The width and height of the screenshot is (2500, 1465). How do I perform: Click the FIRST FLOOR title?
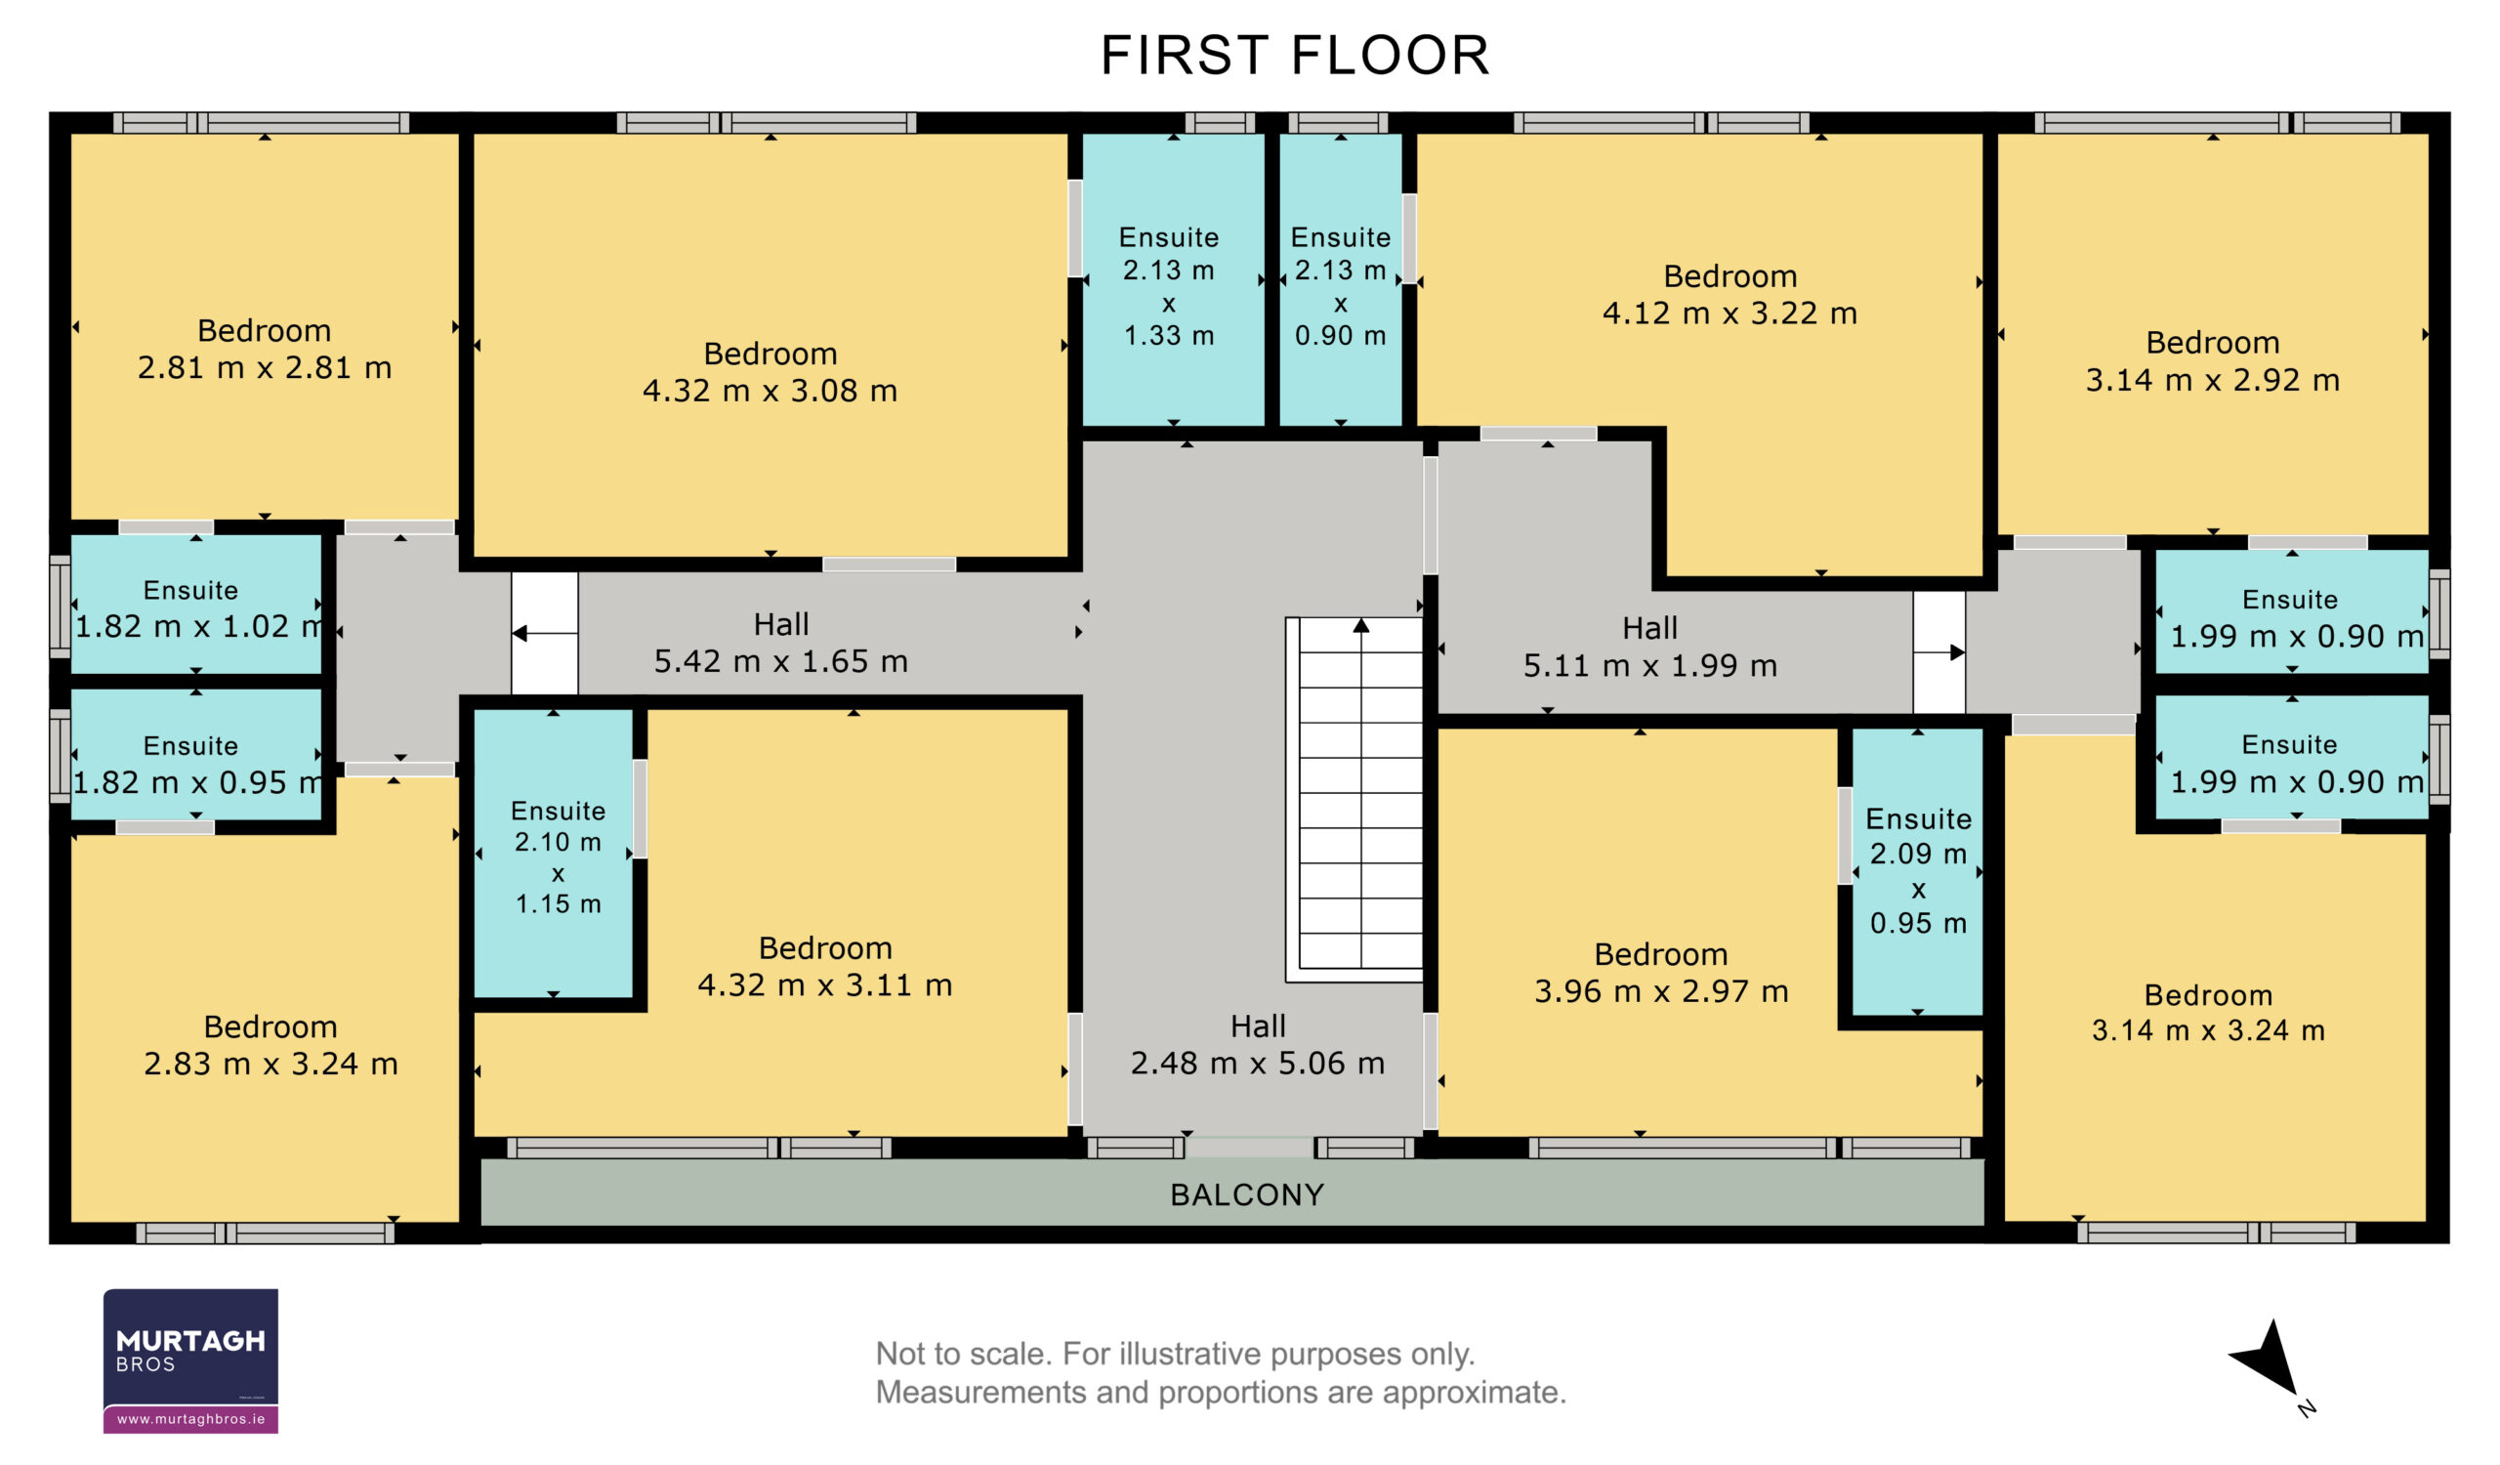coord(1295,55)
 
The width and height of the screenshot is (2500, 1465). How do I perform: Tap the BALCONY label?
coord(1247,1195)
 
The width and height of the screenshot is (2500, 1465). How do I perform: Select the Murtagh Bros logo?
coord(190,1360)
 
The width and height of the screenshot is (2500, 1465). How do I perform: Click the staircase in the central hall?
coord(1355,800)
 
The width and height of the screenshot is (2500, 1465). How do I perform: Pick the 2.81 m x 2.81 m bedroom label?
coord(265,349)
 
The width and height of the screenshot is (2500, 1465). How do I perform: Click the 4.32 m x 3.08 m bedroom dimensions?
coord(770,391)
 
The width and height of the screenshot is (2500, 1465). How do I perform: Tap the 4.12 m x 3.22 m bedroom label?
coord(1730,295)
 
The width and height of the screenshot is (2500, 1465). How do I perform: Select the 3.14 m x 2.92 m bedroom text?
coord(2212,361)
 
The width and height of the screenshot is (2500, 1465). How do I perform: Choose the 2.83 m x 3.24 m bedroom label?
coord(271,1044)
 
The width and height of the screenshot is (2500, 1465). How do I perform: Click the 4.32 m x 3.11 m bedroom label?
coord(825,966)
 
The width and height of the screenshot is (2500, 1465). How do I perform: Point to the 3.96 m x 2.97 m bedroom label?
coord(1662,972)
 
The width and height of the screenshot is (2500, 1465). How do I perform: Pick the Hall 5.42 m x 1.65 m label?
coord(780,644)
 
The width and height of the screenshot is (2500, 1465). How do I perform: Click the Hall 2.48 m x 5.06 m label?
coord(1258,1044)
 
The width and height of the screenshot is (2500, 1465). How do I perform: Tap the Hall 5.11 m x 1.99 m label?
coord(1649,647)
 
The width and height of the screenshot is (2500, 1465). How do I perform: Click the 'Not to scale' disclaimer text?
coord(1221,1373)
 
